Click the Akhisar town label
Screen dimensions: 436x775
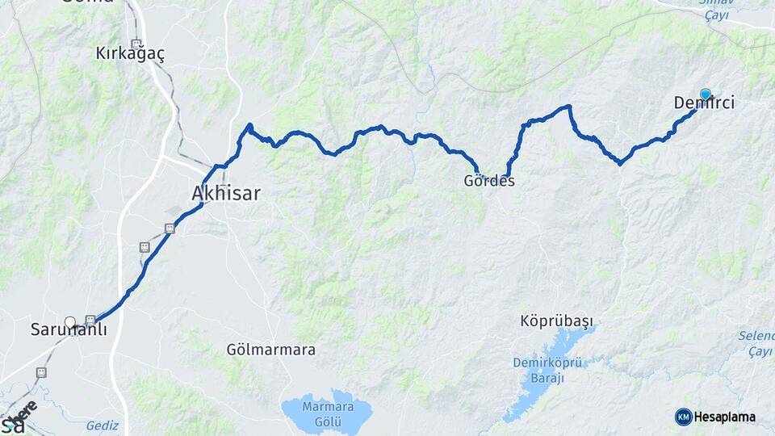tap(225, 193)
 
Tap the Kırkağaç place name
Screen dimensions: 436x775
tap(130, 54)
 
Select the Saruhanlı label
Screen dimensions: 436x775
tap(69, 329)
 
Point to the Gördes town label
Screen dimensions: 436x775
tap(489, 181)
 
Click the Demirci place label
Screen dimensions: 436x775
tap(703, 103)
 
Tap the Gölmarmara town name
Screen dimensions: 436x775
tap(271, 350)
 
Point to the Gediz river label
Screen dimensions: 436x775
tap(103, 426)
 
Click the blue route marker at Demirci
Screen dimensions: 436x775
tap(706, 94)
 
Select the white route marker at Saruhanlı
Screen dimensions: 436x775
tap(70, 322)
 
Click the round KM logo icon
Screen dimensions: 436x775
tap(683, 417)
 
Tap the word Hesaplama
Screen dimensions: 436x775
tap(725, 417)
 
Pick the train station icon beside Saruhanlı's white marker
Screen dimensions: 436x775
tap(90, 320)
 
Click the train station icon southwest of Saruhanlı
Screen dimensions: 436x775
tap(41, 372)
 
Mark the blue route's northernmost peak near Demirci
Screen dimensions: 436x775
tap(568, 107)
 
